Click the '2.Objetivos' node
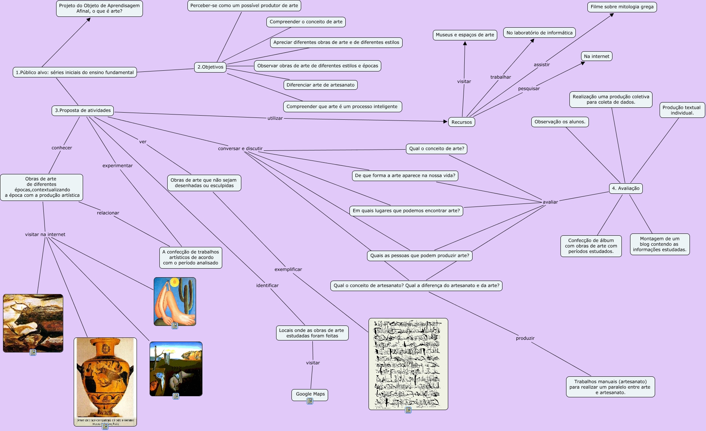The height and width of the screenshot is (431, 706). click(x=210, y=67)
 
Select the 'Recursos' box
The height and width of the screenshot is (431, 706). click(x=461, y=122)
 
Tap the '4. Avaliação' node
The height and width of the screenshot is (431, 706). click(x=626, y=188)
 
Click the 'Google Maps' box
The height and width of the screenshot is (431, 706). click(x=310, y=394)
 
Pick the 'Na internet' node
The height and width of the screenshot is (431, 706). click(x=596, y=56)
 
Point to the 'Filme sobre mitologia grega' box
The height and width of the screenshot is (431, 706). click(x=622, y=7)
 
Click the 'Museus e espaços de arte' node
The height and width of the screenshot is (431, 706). click(x=465, y=35)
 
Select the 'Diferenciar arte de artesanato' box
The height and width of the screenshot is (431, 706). click(x=320, y=85)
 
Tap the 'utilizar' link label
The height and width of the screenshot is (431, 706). click(x=275, y=118)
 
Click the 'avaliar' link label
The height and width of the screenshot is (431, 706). click(x=550, y=202)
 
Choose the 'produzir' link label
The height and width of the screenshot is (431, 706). click(x=525, y=338)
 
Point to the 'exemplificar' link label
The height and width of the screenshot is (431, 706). click(x=288, y=269)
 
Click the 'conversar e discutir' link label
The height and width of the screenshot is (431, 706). click(x=240, y=149)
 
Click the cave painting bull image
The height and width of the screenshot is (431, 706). click(x=33, y=323)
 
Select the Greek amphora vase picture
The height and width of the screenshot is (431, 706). click(x=105, y=378)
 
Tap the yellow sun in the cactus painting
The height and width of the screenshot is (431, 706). click(x=174, y=282)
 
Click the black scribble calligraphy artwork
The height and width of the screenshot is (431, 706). click(x=408, y=363)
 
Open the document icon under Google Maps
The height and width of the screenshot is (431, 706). click(x=310, y=401)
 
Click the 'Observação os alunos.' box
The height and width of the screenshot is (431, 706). click(x=560, y=122)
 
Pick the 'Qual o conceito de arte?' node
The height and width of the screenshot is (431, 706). click(x=436, y=149)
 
